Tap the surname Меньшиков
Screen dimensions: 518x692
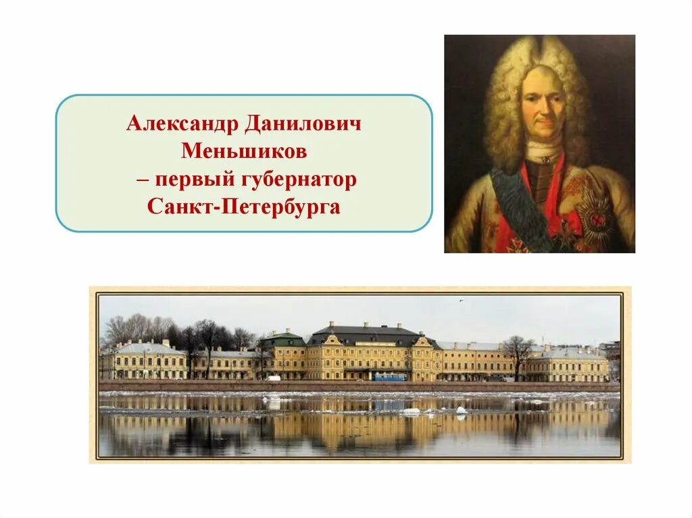pyautogui.click(x=244, y=151)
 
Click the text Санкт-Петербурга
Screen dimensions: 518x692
pyautogui.click(x=244, y=207)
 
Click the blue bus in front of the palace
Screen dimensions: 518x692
pyautogui.click(x=391, y=377)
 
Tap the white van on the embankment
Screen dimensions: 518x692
pyautogui.click(x=272, y=378)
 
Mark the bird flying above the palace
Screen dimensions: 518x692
pyautogui.click(x=462, y=301)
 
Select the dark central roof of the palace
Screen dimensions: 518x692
pyautogui.click(x=368, y=332)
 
